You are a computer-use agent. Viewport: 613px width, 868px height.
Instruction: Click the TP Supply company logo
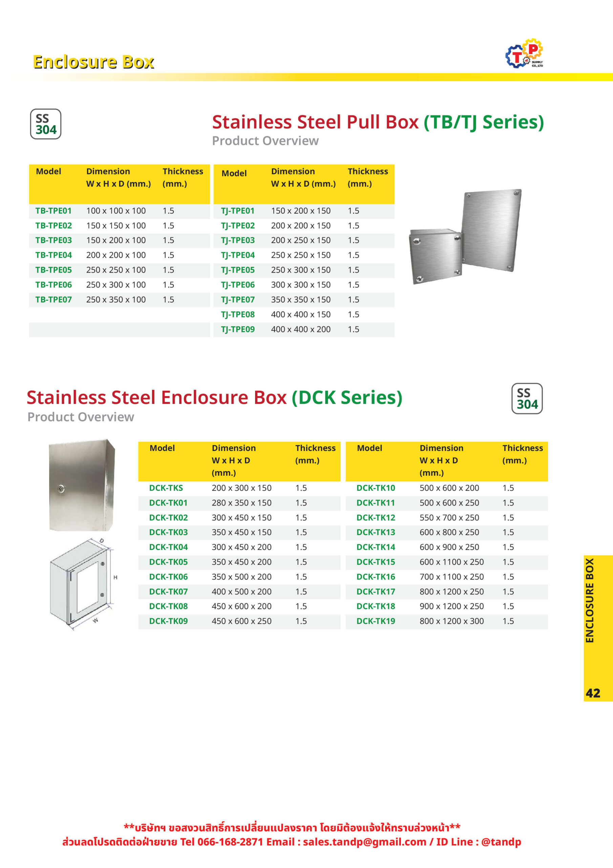pyautogui.click(x=524, y=54)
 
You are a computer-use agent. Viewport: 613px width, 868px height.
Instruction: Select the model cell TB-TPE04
pyautogui.click(x=54, y=255)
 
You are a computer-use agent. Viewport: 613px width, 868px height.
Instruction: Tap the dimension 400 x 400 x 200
pyautogui.click(x=301, y=329)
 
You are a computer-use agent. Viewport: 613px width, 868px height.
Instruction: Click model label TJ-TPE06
pyautogui.click(x=237, y=285)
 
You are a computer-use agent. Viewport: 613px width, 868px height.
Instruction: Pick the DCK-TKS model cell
pyautogui.click(x=166, y=488)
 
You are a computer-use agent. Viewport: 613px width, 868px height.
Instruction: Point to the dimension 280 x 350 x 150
pyautogui.click(x=241, y=503)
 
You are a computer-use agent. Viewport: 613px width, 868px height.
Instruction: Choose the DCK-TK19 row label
pyautogui.click(x=376, y=621)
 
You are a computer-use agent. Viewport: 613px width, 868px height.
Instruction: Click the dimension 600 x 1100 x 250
pyautogui.click(x=451, y=562)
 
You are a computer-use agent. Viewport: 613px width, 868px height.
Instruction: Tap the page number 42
pyautogui.click(x=593, y=693)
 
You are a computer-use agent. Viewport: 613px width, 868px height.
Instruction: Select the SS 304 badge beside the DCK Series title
pyautogui.click(x=527, y=398)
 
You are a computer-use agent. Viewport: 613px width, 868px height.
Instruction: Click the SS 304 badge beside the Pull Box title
pyautogui.click(x=46, y=124)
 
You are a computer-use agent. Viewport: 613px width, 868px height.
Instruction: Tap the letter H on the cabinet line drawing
pyautogui.click(x=115, y=577)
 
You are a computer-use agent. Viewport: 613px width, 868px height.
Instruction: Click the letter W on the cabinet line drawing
pyautogui.click(x=96, y=620)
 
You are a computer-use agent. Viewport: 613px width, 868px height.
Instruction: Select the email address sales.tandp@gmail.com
pyautogui.click(x=364, y=842)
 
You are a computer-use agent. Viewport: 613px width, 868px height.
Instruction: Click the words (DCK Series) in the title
pyautogui.click(x=347, y=398)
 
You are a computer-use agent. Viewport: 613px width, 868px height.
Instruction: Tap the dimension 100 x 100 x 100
pyautogui.click(x=115, y=211)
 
